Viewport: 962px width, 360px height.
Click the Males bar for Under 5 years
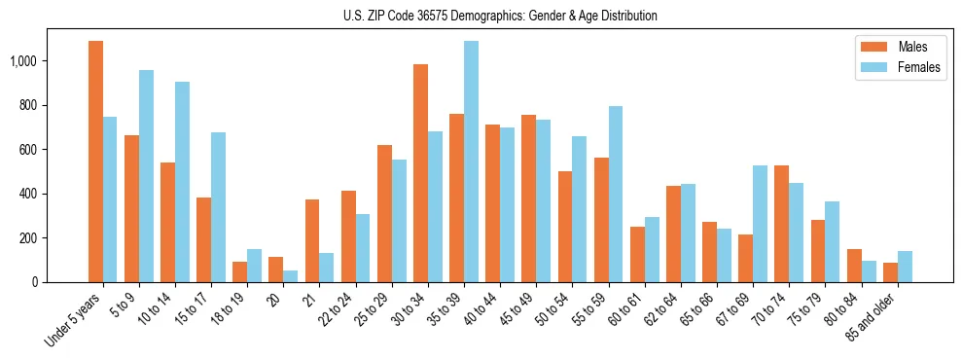[95, 162]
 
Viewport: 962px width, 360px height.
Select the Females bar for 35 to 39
[471, 162]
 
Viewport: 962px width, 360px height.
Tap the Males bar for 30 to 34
[420, 173]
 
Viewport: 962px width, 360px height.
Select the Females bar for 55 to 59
[616, 194]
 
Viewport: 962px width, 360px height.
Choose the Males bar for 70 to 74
[781, 224]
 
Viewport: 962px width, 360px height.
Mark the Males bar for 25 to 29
[384, 213]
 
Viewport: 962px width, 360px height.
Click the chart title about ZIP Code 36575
[500, 16]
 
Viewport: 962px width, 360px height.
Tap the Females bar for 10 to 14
[182, 182]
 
